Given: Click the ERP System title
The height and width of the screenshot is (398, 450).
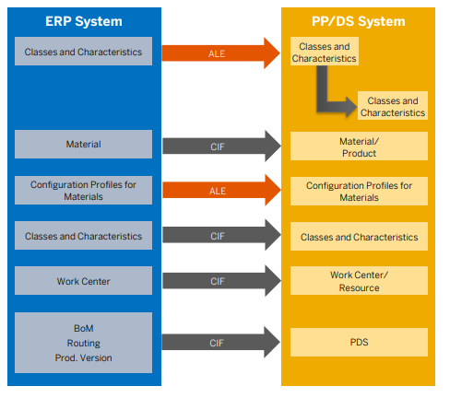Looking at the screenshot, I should (83, 20).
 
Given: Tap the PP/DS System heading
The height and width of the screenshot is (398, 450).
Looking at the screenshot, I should (359, 20).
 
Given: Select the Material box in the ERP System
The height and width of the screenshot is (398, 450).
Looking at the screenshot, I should (83, 145).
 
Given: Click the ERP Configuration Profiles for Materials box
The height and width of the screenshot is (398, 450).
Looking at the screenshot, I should (83, 191).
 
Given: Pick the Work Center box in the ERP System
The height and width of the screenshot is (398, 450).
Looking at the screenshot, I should (83, 281).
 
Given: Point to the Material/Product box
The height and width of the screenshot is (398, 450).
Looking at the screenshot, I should (359, 146).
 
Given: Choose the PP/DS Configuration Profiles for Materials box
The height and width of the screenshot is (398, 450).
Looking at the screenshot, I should (359, 192).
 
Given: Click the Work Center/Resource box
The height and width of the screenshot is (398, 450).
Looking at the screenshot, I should (359, 282).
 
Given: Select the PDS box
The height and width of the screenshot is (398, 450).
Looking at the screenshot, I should (359, 342).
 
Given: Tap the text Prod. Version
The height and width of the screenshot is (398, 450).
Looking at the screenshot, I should (83, 357).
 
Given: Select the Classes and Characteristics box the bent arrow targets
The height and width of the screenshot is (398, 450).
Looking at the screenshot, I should (393, 107).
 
